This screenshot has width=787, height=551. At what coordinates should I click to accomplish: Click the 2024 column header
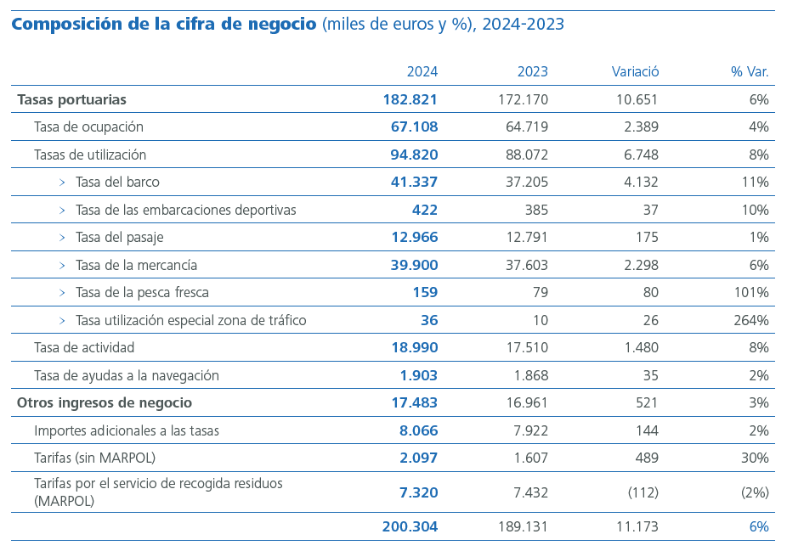pos(422,72)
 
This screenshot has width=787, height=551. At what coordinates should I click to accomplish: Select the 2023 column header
pos(532,72)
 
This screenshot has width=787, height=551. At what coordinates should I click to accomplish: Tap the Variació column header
pos(635,72)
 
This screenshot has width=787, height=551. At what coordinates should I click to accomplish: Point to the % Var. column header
pos(750,72)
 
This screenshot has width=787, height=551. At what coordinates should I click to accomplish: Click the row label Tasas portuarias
pos(71,99)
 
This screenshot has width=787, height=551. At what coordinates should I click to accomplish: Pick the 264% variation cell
pos(751,321)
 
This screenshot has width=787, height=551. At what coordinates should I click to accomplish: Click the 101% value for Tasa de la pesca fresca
pos(751,293)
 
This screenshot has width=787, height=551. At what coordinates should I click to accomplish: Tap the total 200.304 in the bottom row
pos(410,527)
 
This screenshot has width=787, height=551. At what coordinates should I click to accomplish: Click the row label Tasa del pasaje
pos(119,238)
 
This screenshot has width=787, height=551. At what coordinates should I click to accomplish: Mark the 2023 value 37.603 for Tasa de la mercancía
pos(527,266)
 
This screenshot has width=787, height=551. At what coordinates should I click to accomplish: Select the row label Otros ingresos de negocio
pos(105,403)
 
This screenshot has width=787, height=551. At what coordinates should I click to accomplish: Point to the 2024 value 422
pos(424,210)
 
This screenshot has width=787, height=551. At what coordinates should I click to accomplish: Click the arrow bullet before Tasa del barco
pos(62,183)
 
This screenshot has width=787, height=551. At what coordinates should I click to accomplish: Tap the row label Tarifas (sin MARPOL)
pos(94,458)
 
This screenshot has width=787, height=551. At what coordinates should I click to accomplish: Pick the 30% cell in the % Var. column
pos(755,458)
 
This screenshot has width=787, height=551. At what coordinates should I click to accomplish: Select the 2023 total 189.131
pos(523,527)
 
